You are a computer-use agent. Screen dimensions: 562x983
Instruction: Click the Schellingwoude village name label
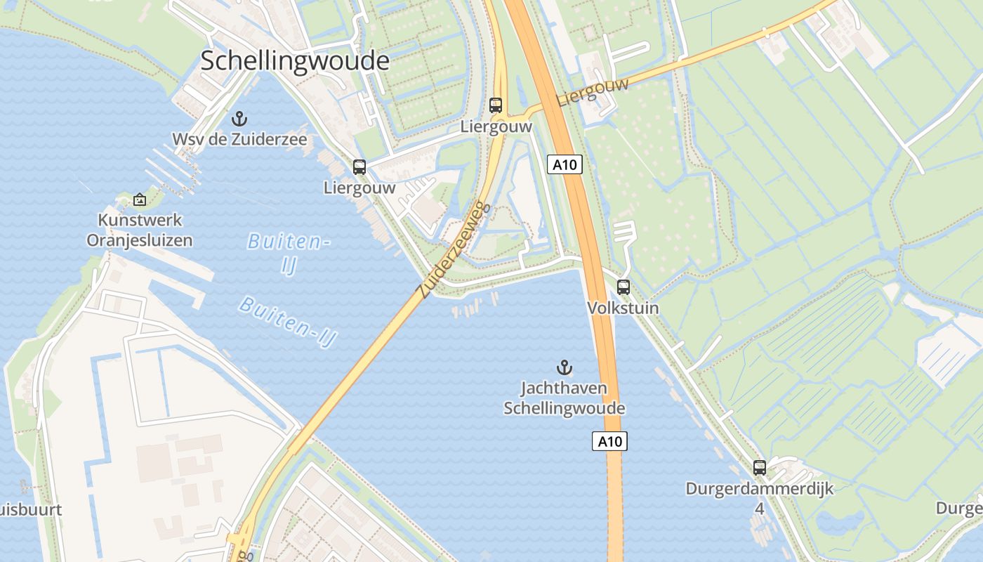(295, 60)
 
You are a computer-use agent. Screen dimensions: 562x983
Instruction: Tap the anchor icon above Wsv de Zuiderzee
(239, 119)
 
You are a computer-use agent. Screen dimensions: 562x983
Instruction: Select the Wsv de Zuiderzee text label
(239, 140)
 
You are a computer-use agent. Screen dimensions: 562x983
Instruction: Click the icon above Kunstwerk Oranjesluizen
(140, 200)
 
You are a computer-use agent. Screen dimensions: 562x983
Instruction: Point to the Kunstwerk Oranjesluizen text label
(140, 230)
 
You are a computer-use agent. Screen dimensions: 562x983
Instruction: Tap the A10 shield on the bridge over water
(609, 441)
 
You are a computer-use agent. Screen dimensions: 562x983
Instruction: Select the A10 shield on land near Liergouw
(565, 165)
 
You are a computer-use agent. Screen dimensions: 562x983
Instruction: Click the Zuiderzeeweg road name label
(452, 251)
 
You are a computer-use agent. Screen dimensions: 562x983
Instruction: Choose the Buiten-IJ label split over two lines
(289, 254)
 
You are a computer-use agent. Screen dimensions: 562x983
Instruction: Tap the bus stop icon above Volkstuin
(623, 287)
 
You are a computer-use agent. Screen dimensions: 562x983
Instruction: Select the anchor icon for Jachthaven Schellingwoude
(564, 367)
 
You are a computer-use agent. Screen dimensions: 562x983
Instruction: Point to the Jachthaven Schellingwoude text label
(564, 398)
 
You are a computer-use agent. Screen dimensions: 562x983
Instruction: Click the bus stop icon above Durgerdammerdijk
(759, 467)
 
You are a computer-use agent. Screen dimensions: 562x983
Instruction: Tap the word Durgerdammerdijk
(760, 488)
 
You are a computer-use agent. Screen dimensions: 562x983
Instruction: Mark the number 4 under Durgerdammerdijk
(759, 508)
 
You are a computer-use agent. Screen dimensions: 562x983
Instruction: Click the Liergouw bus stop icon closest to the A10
(496, 105)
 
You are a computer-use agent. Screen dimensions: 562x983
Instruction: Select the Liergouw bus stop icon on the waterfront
(359, 167)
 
